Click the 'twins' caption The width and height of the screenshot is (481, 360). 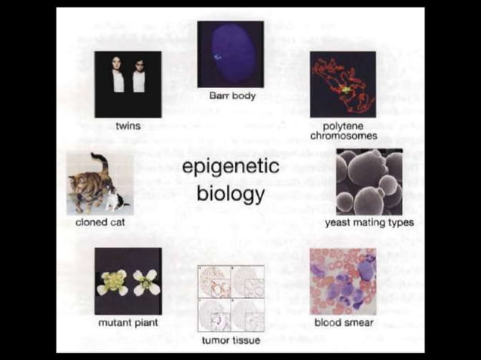tap(127, 126)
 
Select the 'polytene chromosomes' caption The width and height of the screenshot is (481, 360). tap(343, 131)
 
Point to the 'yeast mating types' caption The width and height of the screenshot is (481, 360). tap(369, 223)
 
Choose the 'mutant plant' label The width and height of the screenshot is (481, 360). tap(127, 323)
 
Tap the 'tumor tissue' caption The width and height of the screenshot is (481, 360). tap(231, 340)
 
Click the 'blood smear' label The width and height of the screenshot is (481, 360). tap(343, 323)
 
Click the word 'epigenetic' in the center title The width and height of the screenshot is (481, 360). tap(231, 167)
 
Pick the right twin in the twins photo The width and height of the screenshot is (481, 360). tap(139, 78)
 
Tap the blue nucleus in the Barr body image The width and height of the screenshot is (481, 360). tap(231, 53)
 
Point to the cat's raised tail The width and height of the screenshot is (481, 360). tap(98, 162)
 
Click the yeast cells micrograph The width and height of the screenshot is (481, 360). tap(369, 182)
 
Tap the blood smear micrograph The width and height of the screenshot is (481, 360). tap(343, 281)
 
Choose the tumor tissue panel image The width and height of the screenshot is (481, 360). tap(231, 298)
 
